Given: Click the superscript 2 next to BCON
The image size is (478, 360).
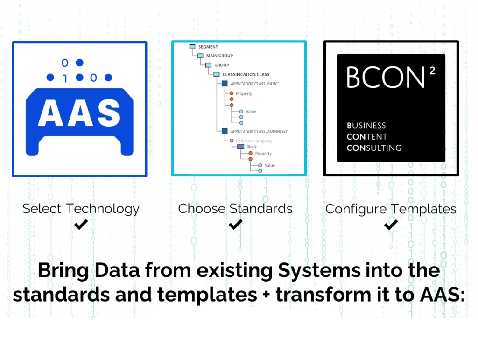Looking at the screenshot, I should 433,69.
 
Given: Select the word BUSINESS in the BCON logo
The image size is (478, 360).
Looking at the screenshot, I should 366,126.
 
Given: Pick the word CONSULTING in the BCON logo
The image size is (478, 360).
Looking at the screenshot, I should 374,148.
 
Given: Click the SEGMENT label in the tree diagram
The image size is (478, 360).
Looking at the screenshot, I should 208,47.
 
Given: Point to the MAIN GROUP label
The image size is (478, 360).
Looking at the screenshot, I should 219,56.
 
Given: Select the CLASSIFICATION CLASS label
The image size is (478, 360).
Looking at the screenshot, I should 246,74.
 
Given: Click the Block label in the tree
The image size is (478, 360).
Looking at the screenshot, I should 252,147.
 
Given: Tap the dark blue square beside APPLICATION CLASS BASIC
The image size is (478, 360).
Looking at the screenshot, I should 225,84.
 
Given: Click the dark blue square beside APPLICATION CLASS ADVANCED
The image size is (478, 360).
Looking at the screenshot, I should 225,132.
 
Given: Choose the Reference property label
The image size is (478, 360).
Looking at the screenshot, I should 253,141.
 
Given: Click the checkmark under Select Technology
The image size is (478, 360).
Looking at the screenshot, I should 81,225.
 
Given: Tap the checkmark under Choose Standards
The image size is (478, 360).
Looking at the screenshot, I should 235,225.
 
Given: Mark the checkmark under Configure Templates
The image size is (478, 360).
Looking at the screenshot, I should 391,225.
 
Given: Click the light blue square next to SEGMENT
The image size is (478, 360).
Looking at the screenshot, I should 192,47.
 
